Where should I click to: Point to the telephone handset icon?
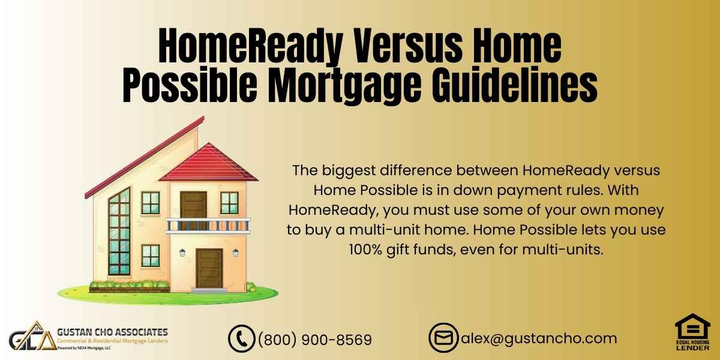click(x=242, y=338)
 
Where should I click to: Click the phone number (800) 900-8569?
click(x=314, y=340)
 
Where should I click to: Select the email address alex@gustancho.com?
click(x=539, y=338)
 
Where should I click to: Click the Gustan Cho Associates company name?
click(x=112, y=332)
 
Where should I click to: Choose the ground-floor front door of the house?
click(x=209, y=268)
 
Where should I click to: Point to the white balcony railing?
click(x=208, y=226)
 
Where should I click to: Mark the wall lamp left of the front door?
click(x=182, y=253)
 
